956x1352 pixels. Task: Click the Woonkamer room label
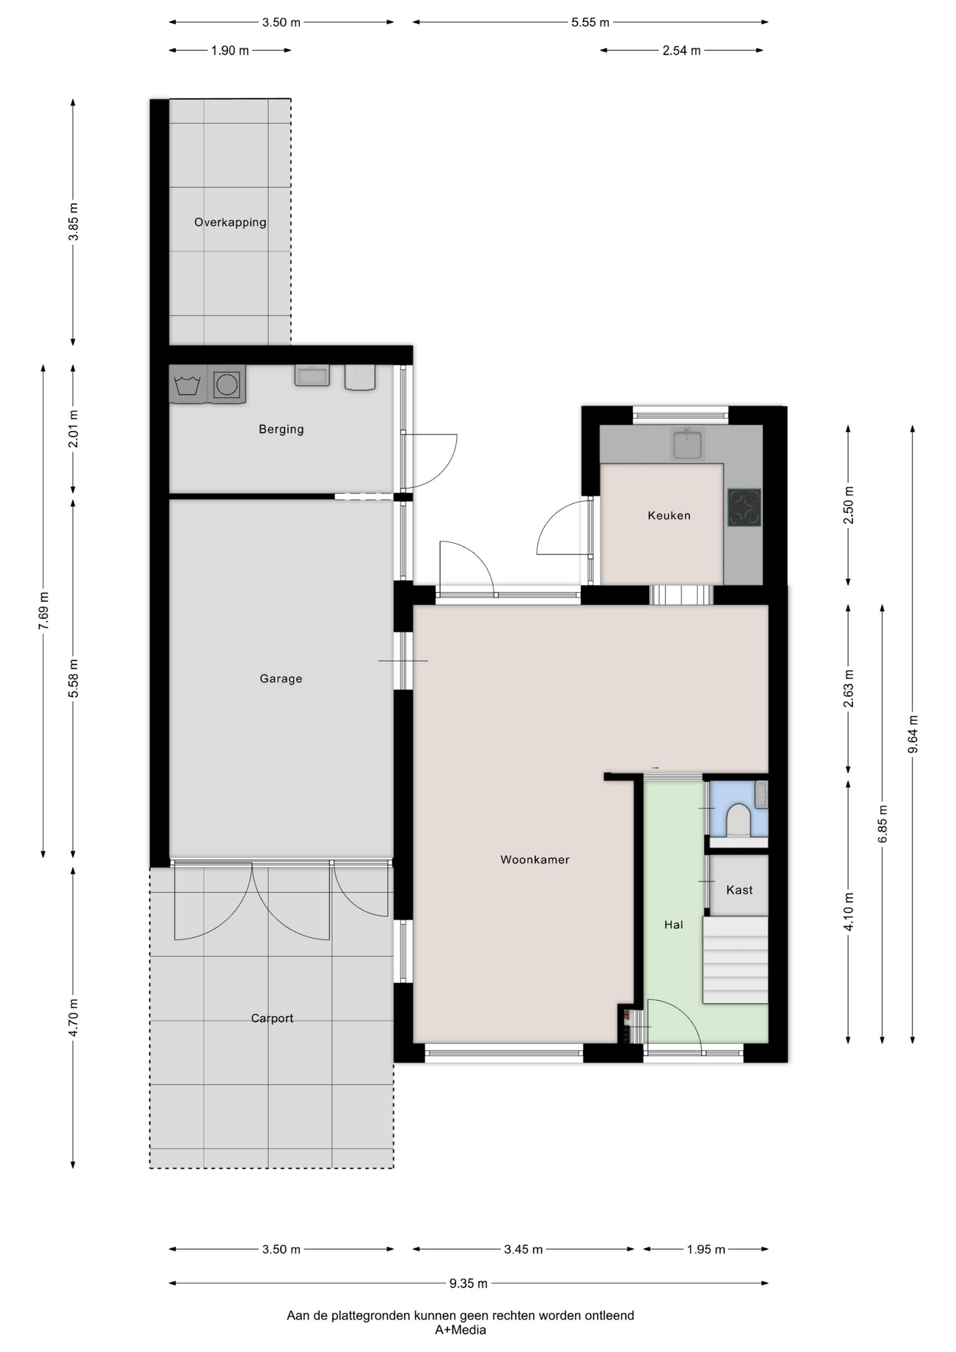[535, 859]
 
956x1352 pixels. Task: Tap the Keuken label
[669, 515]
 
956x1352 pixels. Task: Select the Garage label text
[281, 679]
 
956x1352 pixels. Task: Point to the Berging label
[281, 429]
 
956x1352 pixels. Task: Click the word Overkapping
[230, 223]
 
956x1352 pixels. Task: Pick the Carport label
[272, 1018]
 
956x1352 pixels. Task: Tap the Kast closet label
[739, 890]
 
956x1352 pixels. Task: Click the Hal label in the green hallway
[674, 925]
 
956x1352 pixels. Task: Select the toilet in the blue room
[738, 820]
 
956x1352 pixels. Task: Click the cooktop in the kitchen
[744, 508]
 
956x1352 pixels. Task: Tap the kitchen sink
[687, 444]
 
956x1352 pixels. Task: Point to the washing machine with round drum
[227, 384]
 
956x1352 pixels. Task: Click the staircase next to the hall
[735, 960]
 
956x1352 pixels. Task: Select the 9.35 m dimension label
[468, 1283]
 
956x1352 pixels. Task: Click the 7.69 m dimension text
[44, 609]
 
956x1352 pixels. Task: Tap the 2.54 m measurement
[681, 51]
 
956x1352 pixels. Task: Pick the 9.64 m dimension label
[913, 734]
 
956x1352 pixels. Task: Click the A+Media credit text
[460, 1330]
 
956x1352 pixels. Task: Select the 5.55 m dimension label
[590, 23]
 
